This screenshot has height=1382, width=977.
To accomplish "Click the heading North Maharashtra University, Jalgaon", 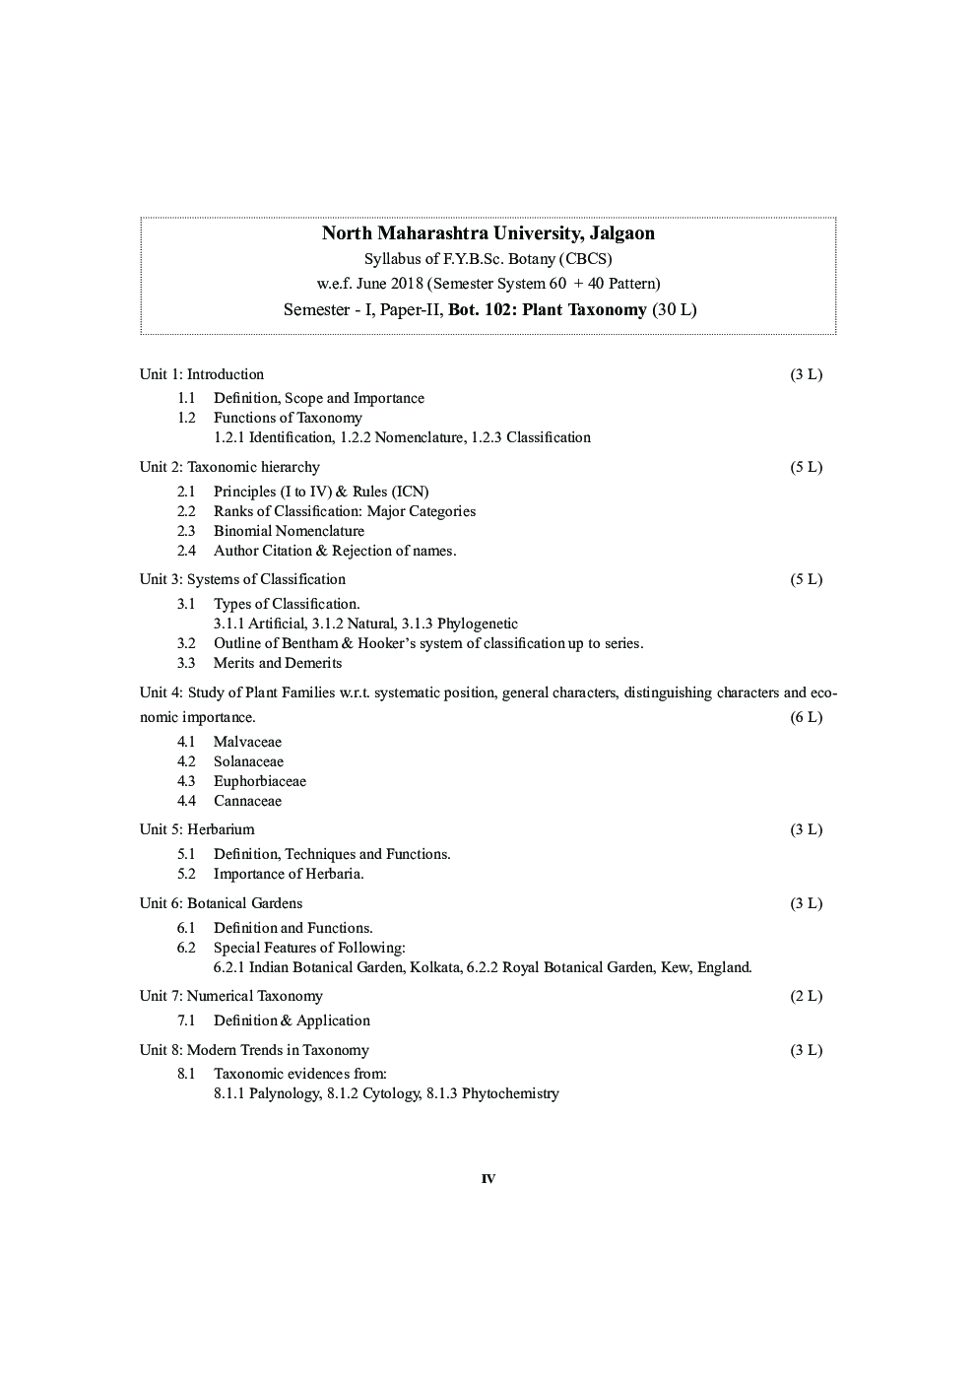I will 488,233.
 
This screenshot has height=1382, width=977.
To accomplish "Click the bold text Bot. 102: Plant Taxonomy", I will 548,309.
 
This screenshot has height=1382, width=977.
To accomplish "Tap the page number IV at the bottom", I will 488,1179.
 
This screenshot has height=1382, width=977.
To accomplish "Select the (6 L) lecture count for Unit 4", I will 806,717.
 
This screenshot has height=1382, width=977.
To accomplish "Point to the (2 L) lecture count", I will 806,996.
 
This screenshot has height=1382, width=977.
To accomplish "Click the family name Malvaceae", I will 247,742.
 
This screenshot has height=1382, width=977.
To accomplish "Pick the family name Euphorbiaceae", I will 260,781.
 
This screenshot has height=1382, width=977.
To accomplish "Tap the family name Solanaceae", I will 248,761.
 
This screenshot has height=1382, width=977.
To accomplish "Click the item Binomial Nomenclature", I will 289,531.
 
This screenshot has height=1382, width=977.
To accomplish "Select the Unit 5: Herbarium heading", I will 197,829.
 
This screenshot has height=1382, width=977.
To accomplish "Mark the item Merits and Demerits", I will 278,663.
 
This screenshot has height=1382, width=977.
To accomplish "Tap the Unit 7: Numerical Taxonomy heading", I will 231,996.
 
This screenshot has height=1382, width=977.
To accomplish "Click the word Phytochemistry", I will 510,1093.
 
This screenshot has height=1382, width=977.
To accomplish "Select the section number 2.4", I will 186,551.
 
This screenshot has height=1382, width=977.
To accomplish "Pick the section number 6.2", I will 186,948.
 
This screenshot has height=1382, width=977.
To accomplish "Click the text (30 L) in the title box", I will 675,309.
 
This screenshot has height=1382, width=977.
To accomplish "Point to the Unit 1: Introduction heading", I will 202,374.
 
